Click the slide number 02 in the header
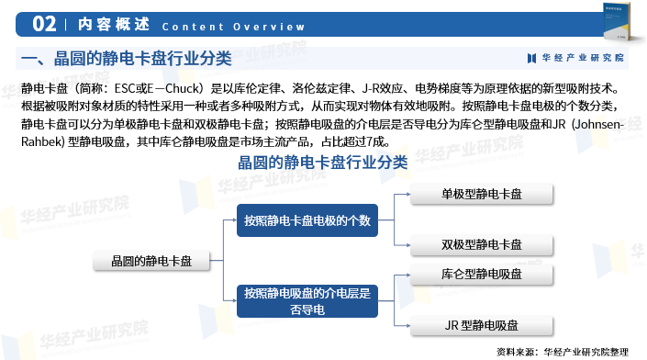44,23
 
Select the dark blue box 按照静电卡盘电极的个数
307,219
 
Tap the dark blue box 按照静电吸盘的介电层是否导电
307,301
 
